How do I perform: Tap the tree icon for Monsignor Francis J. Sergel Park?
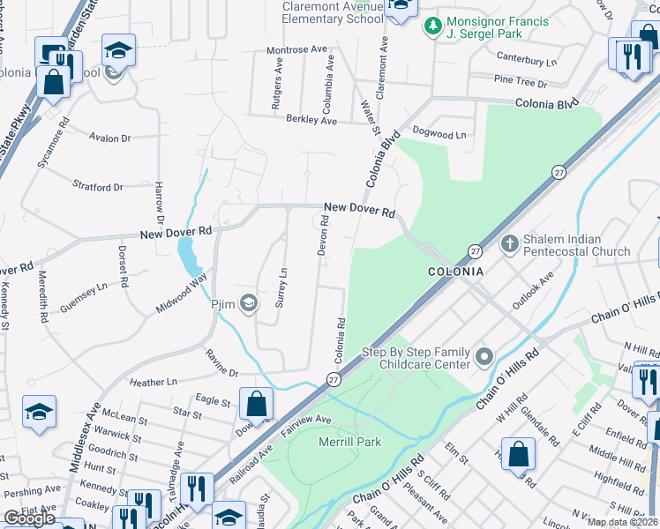tap(432, 26)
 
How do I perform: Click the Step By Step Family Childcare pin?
tap(484, 357)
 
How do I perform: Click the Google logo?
tap(29, 518)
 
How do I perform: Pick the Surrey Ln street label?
tap(282, 284)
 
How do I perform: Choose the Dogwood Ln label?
tap(439, 135)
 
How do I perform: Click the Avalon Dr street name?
tap(110, 138)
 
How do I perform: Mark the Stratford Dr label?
tap(98, 188)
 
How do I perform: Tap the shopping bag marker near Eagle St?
tap(256, 404)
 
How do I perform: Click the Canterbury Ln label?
tap(527, 63)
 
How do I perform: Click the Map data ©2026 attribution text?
tap(622, 522)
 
